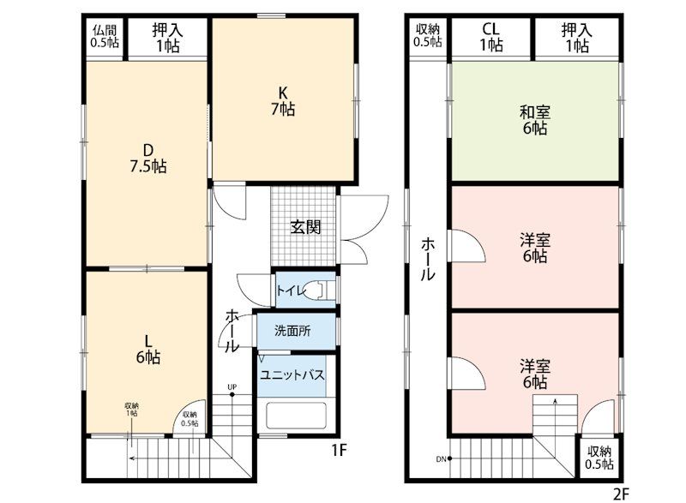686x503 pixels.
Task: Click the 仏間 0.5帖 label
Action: click(105, 36)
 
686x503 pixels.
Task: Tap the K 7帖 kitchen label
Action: click(283, 101)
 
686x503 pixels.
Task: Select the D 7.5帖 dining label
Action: click(148, 159)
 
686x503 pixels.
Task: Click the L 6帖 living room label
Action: click(148, 349)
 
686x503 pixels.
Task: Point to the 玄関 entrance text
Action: click(305, 227)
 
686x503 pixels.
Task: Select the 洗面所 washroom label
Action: click(292, 331)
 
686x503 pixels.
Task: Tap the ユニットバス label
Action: click(292, 375)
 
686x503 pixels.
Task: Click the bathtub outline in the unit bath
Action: click(296, 415)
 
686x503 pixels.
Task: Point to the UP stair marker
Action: click(232, 387)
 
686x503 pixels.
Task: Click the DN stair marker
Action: click(441, 458)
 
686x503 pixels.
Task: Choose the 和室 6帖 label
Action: click(534, 120)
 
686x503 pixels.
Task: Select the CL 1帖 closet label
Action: click(490, 37)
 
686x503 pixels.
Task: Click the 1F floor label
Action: click(339, 450)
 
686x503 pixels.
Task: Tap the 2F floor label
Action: click(621, 494)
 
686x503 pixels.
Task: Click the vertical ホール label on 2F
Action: click(428, 259)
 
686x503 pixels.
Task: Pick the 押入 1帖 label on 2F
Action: click(576, 37)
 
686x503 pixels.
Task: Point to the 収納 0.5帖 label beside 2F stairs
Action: click(599, 457)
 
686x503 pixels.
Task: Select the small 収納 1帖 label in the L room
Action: click(132, 410)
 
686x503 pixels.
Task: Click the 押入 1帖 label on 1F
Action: click(167, 37)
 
